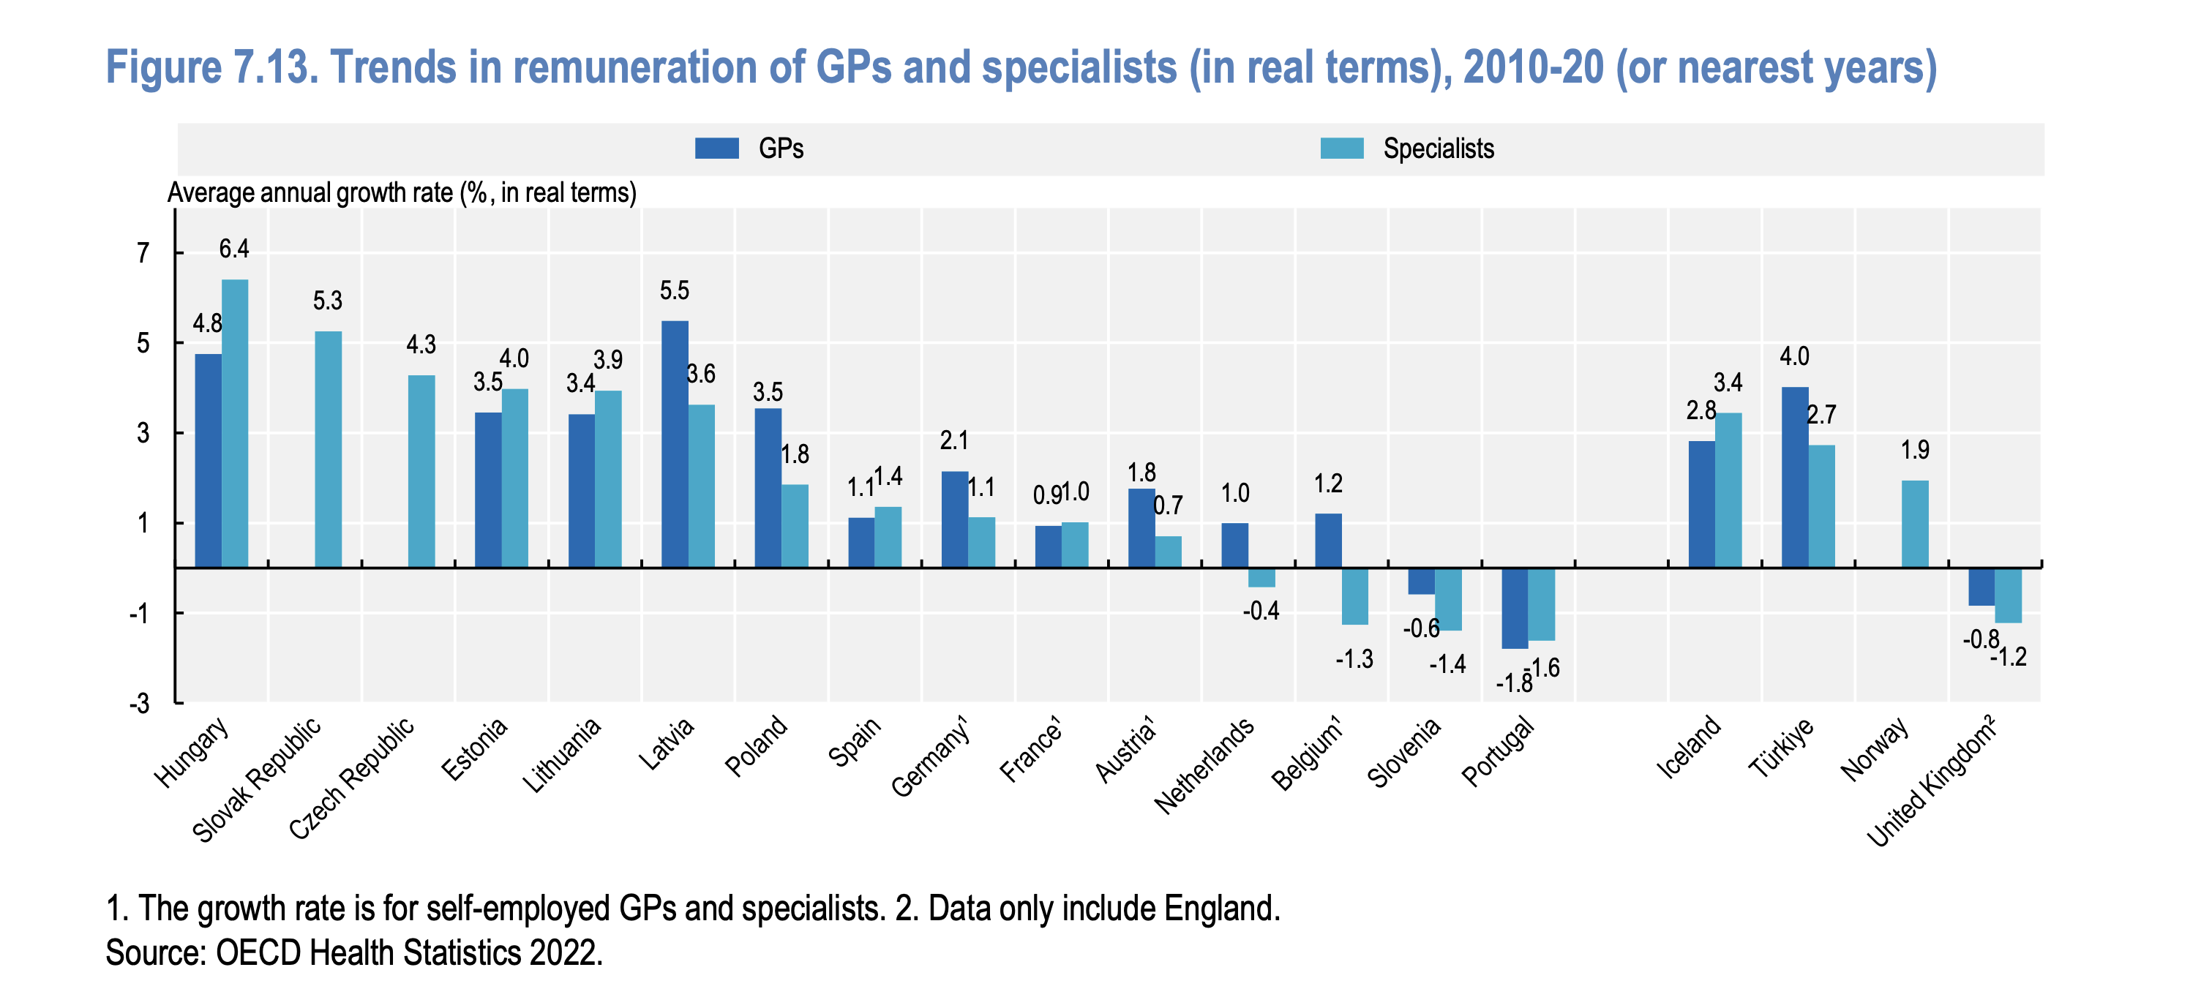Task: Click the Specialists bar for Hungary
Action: pyautogui.click(x=235, y=423)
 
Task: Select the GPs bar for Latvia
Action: pyautogui.click(x=675, y=444)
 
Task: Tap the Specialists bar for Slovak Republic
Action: pyautogui.click(x=328, y=449)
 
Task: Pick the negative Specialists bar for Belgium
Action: pyautogui.click(x=1354, y=596)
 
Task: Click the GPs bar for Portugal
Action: pyautogui.click(x=1515, y=608)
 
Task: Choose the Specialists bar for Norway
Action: pyautogui.click(x=1915, y=524)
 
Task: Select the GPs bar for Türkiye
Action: pyautogui.click(x=1795, y=476)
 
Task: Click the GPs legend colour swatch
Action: pyautogui.click(x=716, y=148)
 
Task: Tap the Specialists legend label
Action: pyautogui.click(x=1438, y=148)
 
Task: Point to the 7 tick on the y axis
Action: pyautogui.click(x=143, y=253)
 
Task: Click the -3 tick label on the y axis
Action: pyautogui.click(x=139, y=704)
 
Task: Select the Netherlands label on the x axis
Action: pyautogui.click(x=1204, y=764)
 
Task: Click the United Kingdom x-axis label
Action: pyautogui.click(x=1932, y=781)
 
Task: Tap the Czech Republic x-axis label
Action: pyautogui.click(x=352, y=777)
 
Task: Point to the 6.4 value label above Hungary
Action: pyautogui.click(x=234, y=249)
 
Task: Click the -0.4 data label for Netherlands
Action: pyautogui.click(x=1261, y=611)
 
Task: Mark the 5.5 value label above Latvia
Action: pyautogui.click(x=674, y=290)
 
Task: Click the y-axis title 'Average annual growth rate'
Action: pyautogui.click(x=402, y=193)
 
